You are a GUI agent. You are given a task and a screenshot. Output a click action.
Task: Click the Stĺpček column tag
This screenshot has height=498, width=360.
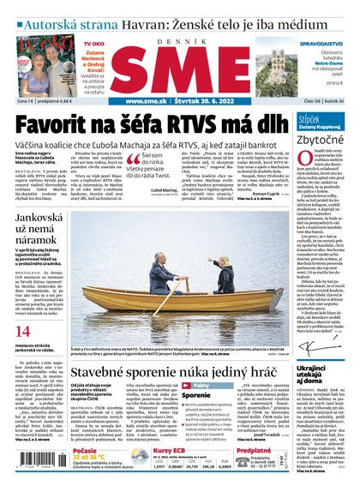[x=312, y=117]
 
